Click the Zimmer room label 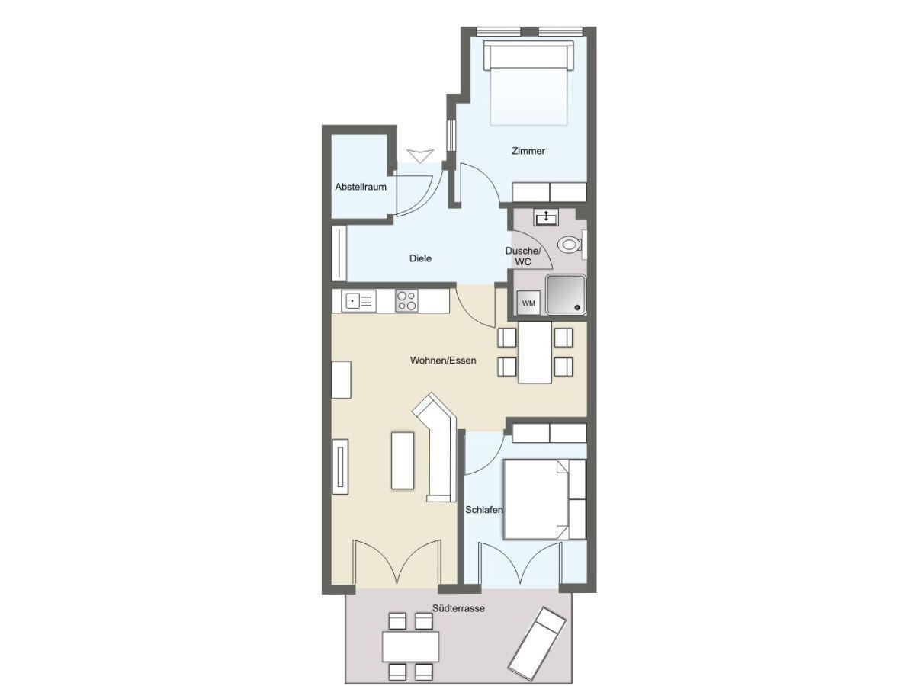point(528,151)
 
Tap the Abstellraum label point(361,187)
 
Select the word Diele point(420,258)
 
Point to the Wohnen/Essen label point(443,361)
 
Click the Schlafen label point(484,509)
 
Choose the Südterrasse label point(458,608)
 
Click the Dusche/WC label point(523,256)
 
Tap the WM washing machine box point(528,303)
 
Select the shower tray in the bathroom point(566,294)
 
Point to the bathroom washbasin point(546,218)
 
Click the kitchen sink point(358,301)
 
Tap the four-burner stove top point(406,301)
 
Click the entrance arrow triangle point(420,156)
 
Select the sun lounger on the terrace point(537,644)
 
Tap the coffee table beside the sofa point(403,460)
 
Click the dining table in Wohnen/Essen point(535,352)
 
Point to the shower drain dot point(577,308)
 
